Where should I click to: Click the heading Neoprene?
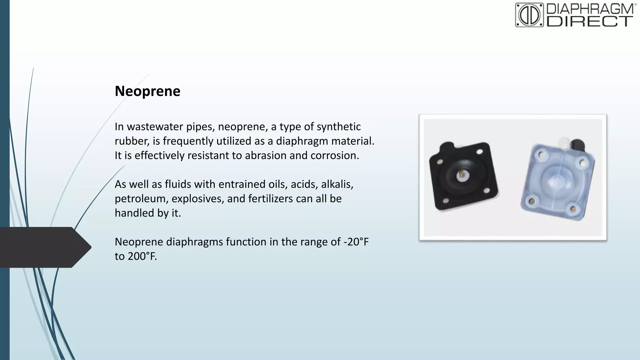147,91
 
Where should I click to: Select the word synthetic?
339,127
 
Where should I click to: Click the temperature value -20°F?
356,242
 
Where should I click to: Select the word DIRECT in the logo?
590,21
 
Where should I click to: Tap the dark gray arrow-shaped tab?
45,247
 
